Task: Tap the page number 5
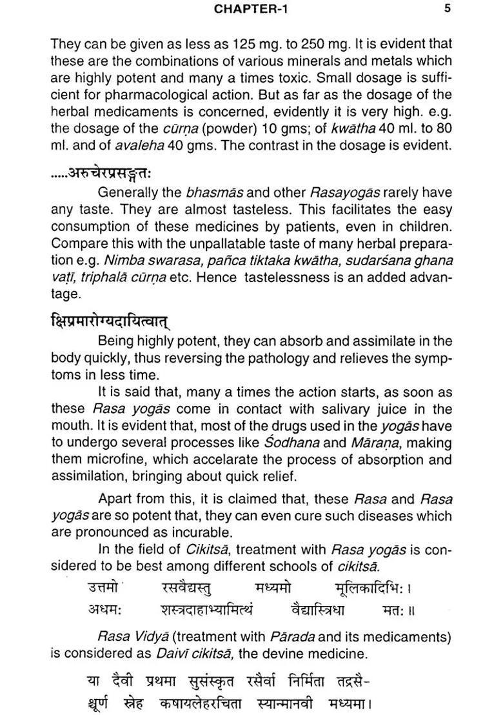point(448,8)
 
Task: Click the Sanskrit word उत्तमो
point(103,588)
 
